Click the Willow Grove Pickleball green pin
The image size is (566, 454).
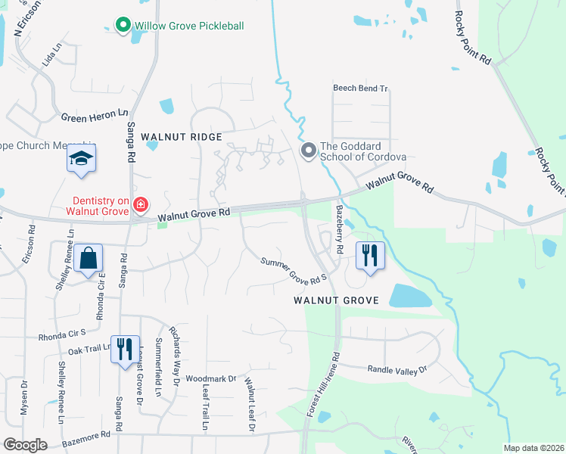click(x=123, y=26)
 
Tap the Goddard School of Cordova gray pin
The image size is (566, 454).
click(x=308, y=151)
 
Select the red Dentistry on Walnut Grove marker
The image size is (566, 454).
click(x=140, y=204)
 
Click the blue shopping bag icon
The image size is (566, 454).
click(x=89, y=258)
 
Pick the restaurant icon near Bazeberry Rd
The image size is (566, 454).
click(x=369, y=255)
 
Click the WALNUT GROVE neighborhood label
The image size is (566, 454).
click(x=336, y=300)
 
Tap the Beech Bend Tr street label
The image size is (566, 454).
click(x=360, y=89)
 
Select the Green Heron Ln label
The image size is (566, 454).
click(x=95, y=117)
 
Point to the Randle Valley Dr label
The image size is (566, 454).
click(x=397, y=369)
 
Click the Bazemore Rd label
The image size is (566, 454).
click(x=86, y=435)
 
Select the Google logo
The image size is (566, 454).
click(x=25, y=445)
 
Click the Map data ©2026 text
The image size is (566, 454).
click(x=533, y=448)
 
